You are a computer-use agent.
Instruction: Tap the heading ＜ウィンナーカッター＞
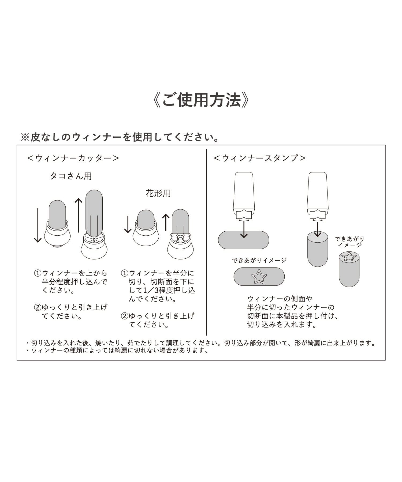click(x=73, y=158)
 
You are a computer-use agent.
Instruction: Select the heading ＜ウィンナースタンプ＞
click(x=260, y=158)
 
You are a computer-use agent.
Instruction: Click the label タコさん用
click(x=71, y=176)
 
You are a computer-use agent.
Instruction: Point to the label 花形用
click(x=158, y=193)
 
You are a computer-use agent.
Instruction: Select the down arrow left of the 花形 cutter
click(x=128, y=224)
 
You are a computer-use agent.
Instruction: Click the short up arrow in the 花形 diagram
click(x=166, y=222)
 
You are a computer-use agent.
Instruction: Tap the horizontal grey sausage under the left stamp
click(x=243, y=240)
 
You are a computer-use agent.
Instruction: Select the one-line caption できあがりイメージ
click(x=259, y=260)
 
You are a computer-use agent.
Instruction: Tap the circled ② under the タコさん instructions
click(x=38, y=307)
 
